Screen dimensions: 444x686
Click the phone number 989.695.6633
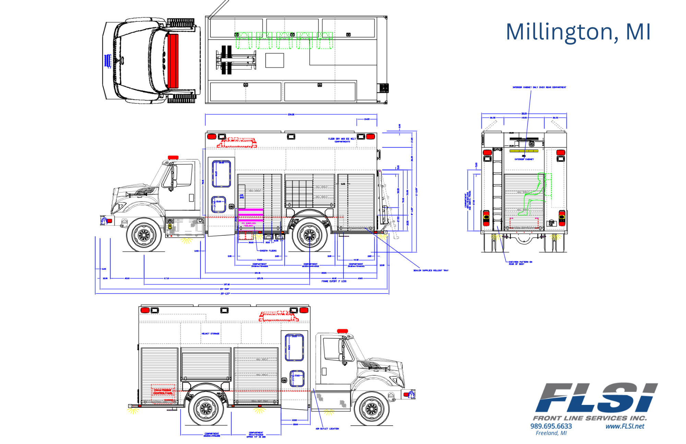[551, 426]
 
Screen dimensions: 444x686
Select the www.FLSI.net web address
[625, 426]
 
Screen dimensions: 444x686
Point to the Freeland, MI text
[551, 433]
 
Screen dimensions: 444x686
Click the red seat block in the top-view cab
[173, 60]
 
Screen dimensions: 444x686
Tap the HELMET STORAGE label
[210, 334]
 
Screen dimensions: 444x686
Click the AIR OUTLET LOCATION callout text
[327, 429]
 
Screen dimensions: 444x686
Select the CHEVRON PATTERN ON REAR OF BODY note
[520, 263]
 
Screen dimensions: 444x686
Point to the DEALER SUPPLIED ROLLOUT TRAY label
[430, 270]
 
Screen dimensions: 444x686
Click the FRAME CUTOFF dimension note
[334, 281]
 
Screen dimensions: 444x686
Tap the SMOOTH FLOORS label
[268, 251]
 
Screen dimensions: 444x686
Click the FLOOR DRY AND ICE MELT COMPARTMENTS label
[342, 140]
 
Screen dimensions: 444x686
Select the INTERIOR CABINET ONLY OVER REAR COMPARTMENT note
[539, 87]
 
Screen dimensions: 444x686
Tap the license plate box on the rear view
[551, 223]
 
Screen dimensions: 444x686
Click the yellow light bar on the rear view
[524, 151]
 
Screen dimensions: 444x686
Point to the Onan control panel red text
[163, 392]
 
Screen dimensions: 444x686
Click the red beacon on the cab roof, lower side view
[342, 331]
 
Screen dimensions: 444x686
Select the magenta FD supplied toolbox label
[248, 224]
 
